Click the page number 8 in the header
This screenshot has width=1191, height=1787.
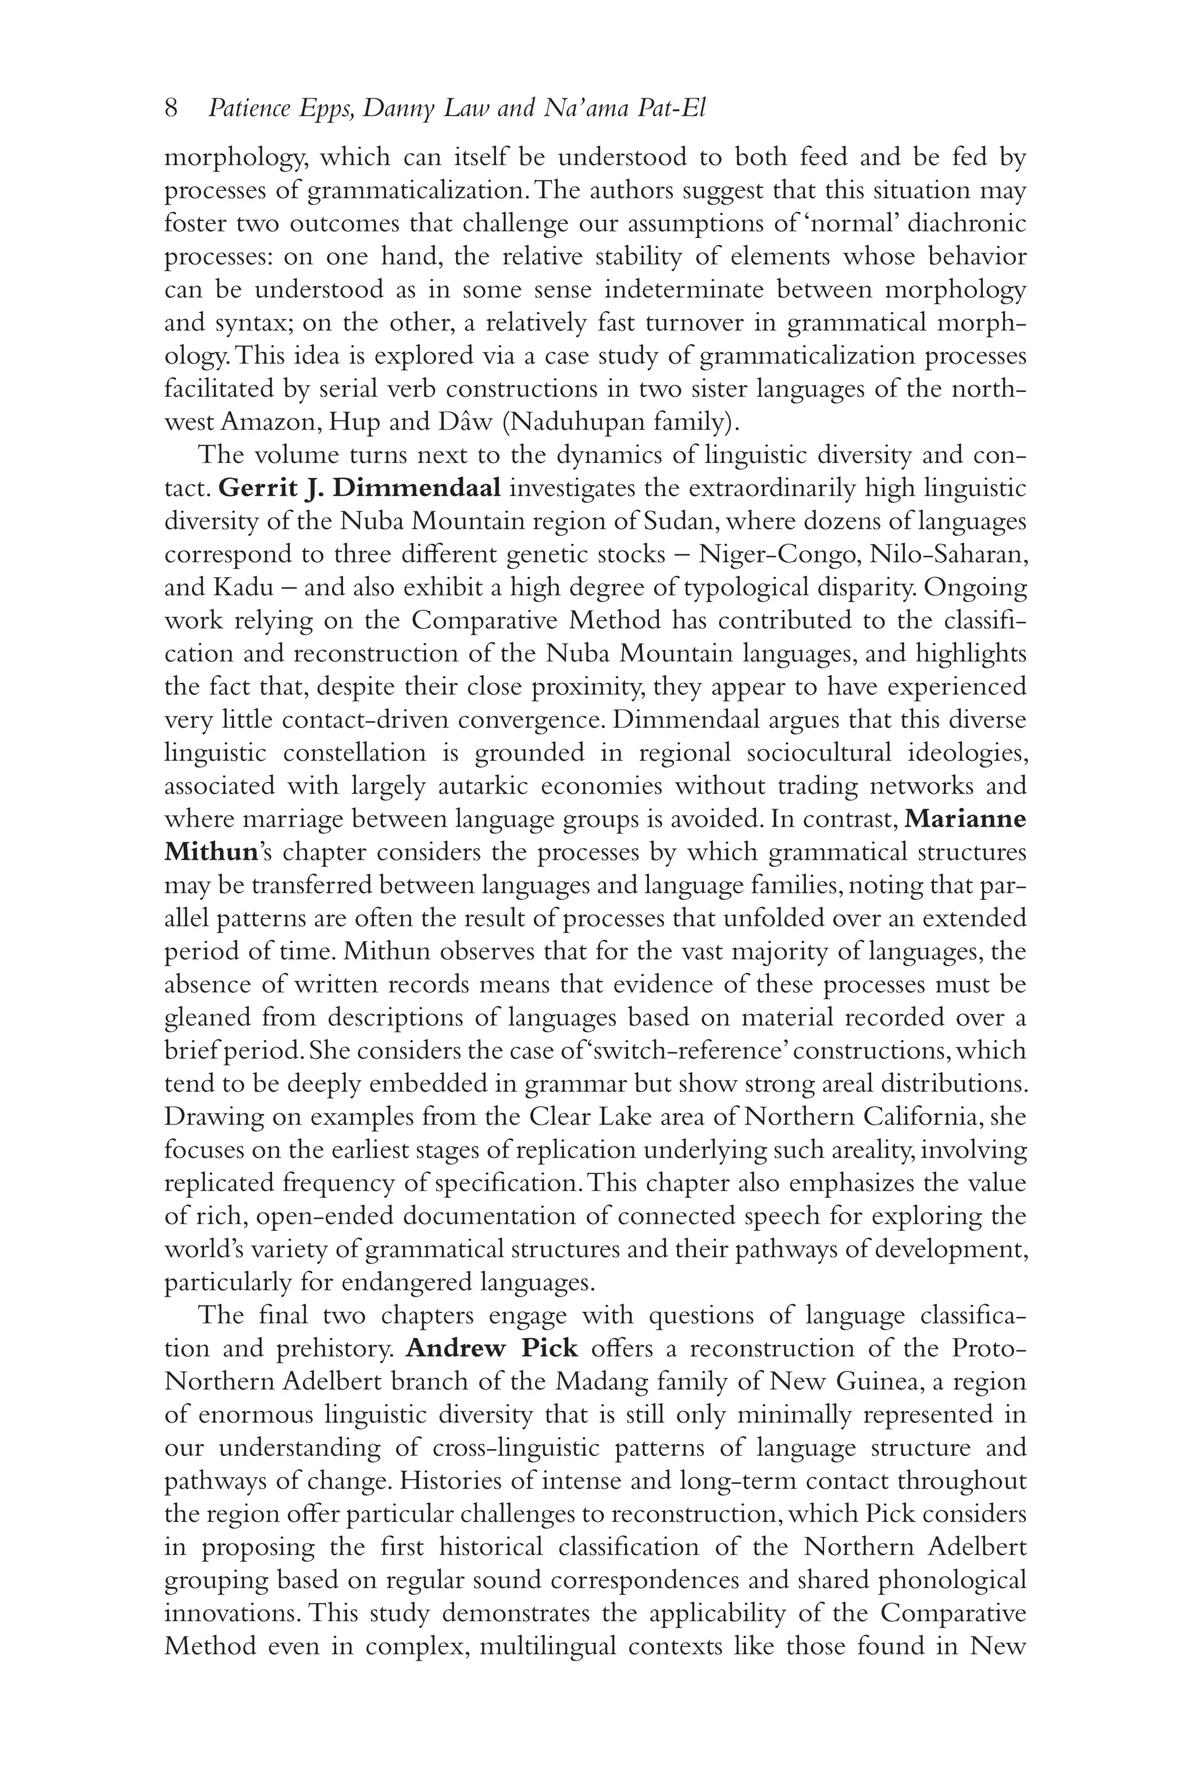[x=171, y=109]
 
